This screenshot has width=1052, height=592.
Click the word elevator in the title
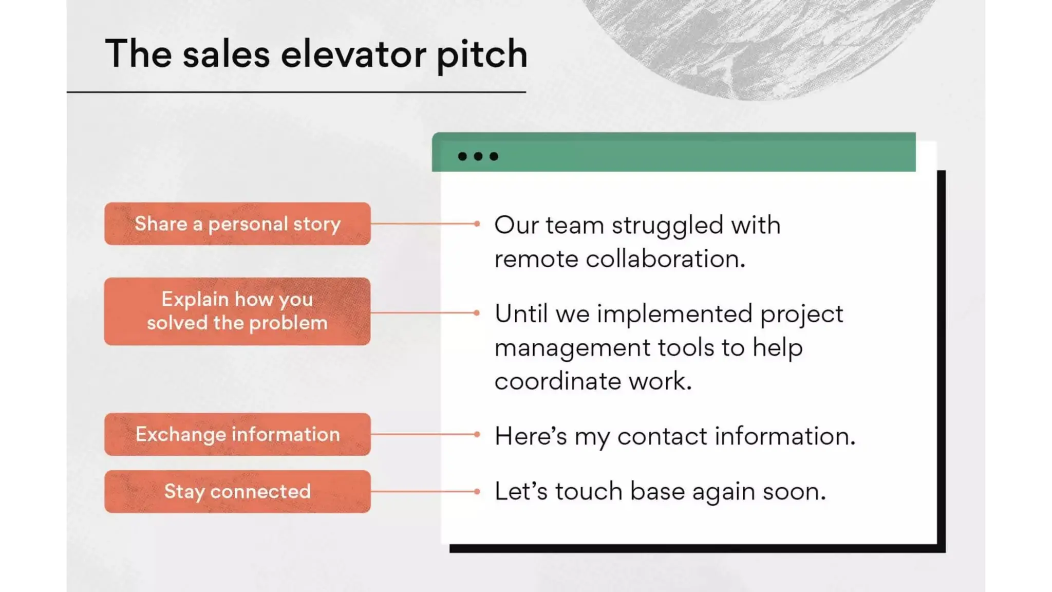point(353,54)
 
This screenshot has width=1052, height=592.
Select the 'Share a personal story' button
point(237,224)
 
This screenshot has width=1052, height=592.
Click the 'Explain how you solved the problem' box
point(237,311)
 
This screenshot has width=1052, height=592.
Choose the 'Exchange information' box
point(237,434)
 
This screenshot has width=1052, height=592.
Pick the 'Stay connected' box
point(237,491)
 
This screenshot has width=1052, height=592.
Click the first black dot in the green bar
point(462,156)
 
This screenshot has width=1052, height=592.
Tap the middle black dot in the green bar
point(478,156)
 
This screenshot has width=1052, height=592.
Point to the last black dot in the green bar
point(494,156)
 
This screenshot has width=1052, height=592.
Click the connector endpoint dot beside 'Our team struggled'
point(477,224)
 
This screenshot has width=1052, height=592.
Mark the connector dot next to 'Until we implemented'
point(477,312)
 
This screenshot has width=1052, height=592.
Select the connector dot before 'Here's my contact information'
point(477,434)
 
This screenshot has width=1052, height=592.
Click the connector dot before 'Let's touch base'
point(477,491)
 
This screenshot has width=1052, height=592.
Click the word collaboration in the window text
point(665,259)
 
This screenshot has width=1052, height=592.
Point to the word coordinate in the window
point(558,381)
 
